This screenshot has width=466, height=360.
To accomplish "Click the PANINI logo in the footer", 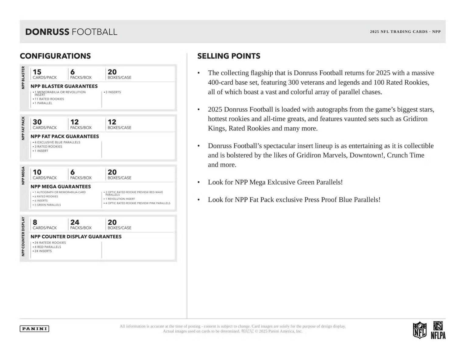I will coord(34,329).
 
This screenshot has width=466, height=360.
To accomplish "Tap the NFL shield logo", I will coord(419,330).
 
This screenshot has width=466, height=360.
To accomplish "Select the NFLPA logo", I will coord(438,330).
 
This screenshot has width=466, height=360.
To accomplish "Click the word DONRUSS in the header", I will coord(47,32).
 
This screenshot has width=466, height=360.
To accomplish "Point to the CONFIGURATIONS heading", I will coord(55,56).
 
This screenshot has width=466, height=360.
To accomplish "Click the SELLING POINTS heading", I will coord(229,56).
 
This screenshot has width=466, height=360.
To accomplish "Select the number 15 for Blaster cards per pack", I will coord(37,72).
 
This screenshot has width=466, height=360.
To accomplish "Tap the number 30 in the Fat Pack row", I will coord(37,122).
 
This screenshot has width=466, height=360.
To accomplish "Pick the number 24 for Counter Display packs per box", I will coord(75,222).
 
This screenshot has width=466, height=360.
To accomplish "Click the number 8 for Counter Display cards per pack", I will coord(35,222).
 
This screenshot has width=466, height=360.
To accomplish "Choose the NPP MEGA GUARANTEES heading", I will coord(61,187).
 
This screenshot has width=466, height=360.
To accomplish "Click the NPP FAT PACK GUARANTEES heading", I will coord(65,136).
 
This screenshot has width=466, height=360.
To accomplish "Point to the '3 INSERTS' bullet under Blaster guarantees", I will coord(113,92).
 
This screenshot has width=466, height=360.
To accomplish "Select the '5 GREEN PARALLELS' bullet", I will coord(48,205).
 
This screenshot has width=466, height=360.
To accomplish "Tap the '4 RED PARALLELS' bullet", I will coord(48,247).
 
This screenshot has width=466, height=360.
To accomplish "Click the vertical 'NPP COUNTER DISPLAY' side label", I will coord(23,237).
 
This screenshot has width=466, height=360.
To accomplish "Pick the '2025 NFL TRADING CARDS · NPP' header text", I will coord(405,32).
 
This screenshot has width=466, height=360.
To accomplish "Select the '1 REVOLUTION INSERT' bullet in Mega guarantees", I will coord(120,199).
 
